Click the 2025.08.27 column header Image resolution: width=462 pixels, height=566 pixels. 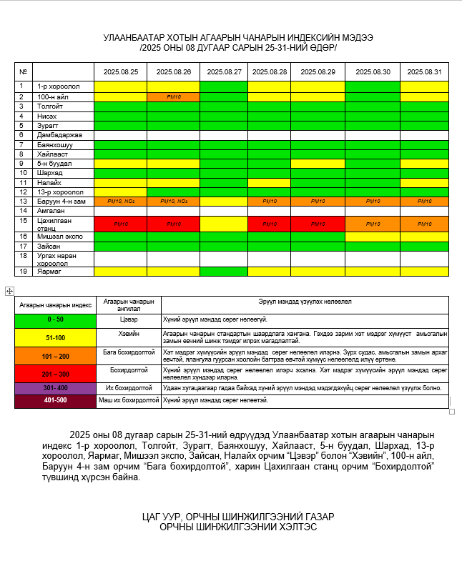(223, 71)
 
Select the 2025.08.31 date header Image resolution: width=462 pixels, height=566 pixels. (424, 71)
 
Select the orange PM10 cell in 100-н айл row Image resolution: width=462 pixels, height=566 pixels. (173, 96)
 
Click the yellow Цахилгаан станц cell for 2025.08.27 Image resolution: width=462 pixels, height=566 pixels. (223, 224)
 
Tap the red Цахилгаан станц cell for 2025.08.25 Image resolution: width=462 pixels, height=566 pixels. (120, 224)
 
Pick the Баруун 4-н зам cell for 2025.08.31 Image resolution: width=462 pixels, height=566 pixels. (424, 202)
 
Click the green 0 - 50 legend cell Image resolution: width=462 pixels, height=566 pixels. (55, 319)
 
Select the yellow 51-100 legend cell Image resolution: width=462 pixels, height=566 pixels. (55, 337)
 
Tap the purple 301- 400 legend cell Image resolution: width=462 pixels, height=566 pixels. (55, 387)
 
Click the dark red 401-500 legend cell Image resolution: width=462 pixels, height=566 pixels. (55, 401)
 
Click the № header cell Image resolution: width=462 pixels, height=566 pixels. (24, 71)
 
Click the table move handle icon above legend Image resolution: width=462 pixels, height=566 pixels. (9, 291)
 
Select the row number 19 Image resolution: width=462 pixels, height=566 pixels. (23, 272)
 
